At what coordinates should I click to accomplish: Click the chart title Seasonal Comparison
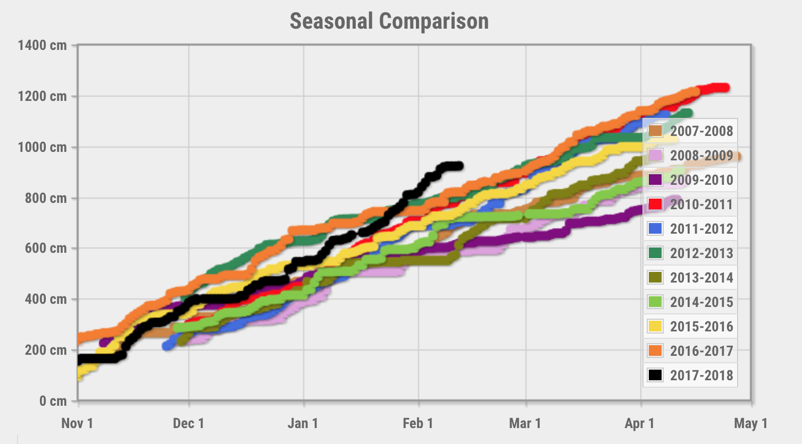coord(389,22)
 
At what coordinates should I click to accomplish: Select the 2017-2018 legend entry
coord(701,375)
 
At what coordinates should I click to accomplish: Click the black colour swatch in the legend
coord(655,375)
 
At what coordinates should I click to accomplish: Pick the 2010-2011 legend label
coord(701,204)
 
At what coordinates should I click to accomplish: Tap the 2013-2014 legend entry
coord(701,278)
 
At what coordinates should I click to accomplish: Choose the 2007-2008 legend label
coord(701,131)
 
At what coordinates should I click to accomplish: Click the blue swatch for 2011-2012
coord(655,228)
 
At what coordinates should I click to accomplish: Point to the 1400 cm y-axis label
coord(42,45)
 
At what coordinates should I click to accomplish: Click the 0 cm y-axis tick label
coord(53,401)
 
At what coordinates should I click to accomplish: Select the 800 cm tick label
coord(46,198)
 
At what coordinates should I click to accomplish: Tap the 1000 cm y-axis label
coord(42,147)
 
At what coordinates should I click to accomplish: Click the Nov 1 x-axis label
coord(77,423)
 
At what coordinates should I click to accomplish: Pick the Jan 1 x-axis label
coord(303,423)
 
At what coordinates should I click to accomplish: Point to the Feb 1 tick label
coord(417,423)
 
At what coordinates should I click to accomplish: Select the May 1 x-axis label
coord(750,423)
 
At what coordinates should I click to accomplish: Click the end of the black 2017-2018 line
coord(459,166)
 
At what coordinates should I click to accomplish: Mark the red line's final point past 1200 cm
coord(725,88)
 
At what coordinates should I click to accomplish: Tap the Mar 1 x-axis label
coord(525,423)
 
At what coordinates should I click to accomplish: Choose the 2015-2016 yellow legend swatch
coord(655,326)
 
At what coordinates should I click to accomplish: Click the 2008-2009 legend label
coord(701,156)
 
